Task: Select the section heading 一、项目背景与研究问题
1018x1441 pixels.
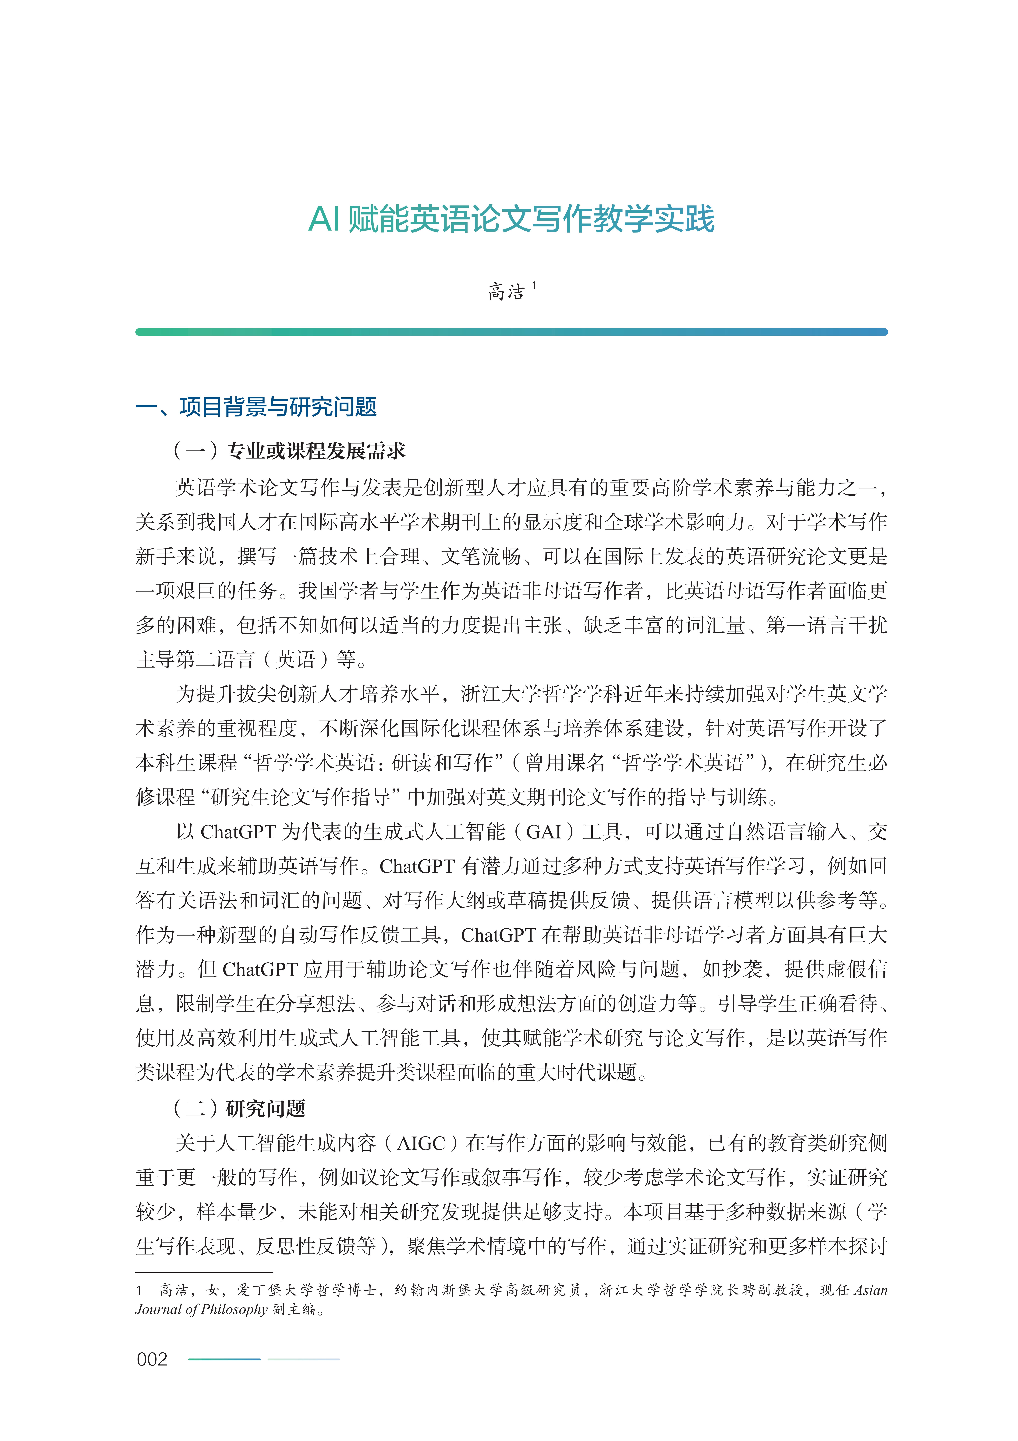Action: [256, 407]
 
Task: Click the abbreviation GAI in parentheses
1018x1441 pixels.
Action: [543, 832]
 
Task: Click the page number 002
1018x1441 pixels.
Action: [152, 1359]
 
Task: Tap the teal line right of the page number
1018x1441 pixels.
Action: [224, 1359]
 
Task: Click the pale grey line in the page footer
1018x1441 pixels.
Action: [304, 1359]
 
